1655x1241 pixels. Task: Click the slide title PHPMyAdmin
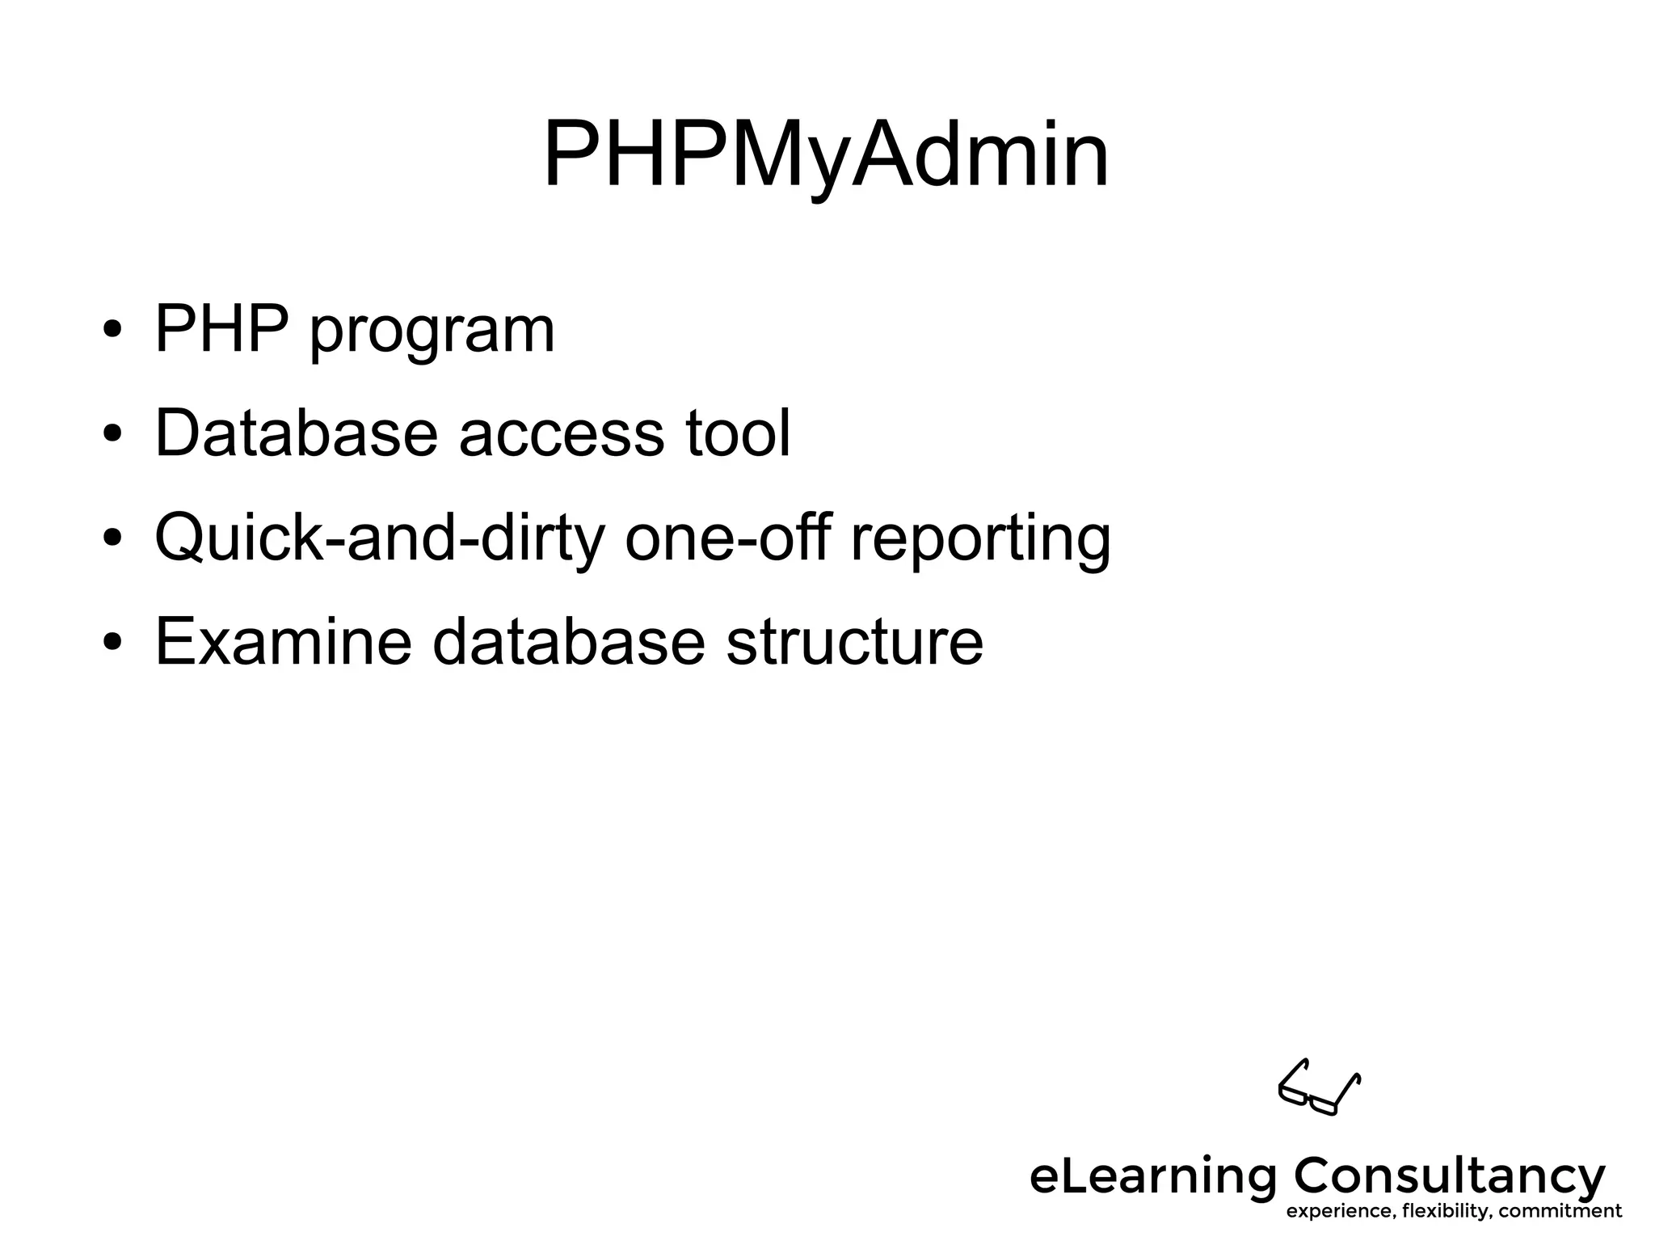(826, 155)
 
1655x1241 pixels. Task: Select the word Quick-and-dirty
(379, 538)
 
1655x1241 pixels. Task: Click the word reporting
(980, 540)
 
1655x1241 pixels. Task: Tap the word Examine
(284, 641)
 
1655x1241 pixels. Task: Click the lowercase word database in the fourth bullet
(569, 641)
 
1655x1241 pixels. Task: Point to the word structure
(854, 643)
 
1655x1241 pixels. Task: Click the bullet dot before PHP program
(112, 331)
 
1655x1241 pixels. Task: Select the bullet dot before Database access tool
(112, 434)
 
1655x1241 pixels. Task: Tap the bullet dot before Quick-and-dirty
(112, 538)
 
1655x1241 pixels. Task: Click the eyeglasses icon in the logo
(1319, 1087)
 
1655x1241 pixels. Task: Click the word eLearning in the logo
(1152, 1177)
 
